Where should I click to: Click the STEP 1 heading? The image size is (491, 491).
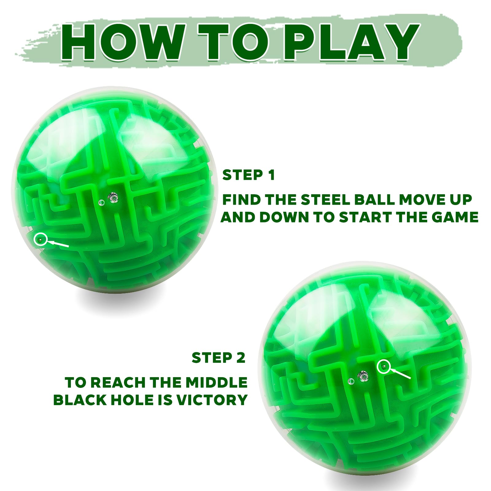(x=248, y=175)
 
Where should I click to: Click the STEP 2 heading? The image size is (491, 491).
(x=218, y=358)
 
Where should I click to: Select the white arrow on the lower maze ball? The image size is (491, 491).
(x=400, y=373)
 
